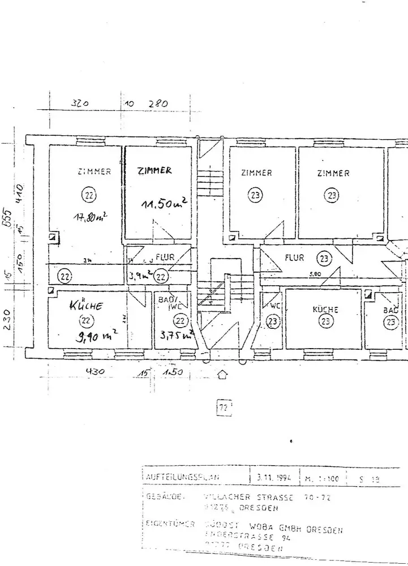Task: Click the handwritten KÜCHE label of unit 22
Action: [85, 306]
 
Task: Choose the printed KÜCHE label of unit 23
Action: [325, 310]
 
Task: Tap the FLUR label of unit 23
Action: [294, 258]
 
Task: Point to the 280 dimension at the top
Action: [158, 104]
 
